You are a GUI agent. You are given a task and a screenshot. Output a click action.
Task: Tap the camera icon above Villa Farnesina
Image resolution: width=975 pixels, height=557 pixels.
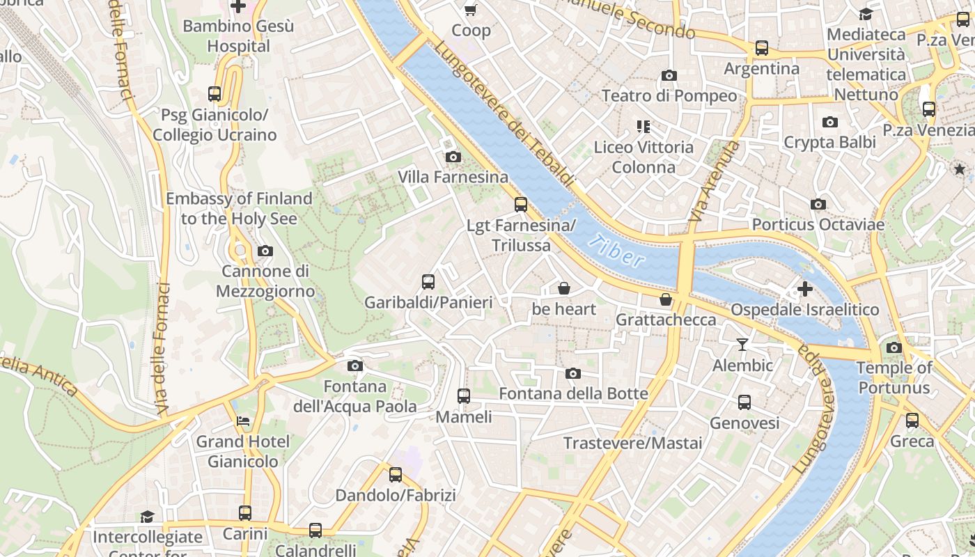tap(453, 157)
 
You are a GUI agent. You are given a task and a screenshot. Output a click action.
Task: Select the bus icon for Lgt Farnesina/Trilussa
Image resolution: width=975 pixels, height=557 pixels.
tap(521, 205)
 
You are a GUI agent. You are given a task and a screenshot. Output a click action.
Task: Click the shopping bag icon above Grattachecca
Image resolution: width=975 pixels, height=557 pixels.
tap(666, 299)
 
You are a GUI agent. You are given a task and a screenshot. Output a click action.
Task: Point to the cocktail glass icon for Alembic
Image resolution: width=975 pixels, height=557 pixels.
tap(742, 345)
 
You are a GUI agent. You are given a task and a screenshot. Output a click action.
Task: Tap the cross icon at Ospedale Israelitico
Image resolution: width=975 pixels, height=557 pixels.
tap(805, 288)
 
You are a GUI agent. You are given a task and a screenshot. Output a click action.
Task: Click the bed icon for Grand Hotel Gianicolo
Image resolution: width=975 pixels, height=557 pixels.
tap(242, 421)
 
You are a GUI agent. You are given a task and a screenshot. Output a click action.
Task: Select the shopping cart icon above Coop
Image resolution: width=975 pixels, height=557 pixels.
tap(471, 10)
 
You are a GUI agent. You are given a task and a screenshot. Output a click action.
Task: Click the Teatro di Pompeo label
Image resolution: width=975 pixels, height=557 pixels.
tap(669, 95)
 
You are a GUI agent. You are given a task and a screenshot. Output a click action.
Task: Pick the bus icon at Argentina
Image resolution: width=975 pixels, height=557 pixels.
tap(762, 48)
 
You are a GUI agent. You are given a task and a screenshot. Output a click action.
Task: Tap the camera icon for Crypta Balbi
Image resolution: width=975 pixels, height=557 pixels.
tap(829, 123)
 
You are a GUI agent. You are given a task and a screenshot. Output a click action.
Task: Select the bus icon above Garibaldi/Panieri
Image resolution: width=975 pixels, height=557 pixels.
tap(428, 282)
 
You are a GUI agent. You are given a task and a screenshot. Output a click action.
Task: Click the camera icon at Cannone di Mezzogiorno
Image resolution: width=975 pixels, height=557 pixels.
tap(265, 251)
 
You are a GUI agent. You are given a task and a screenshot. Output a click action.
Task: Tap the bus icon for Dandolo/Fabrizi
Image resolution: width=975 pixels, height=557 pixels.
tap(396, 475)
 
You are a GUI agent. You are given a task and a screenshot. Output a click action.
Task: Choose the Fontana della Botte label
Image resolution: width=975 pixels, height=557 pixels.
tap(573, 393)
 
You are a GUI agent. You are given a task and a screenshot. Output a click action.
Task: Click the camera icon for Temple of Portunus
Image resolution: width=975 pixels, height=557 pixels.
tap(894, 347)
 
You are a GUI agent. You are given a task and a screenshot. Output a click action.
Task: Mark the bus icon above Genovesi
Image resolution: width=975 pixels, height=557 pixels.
tap(744, 402)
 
